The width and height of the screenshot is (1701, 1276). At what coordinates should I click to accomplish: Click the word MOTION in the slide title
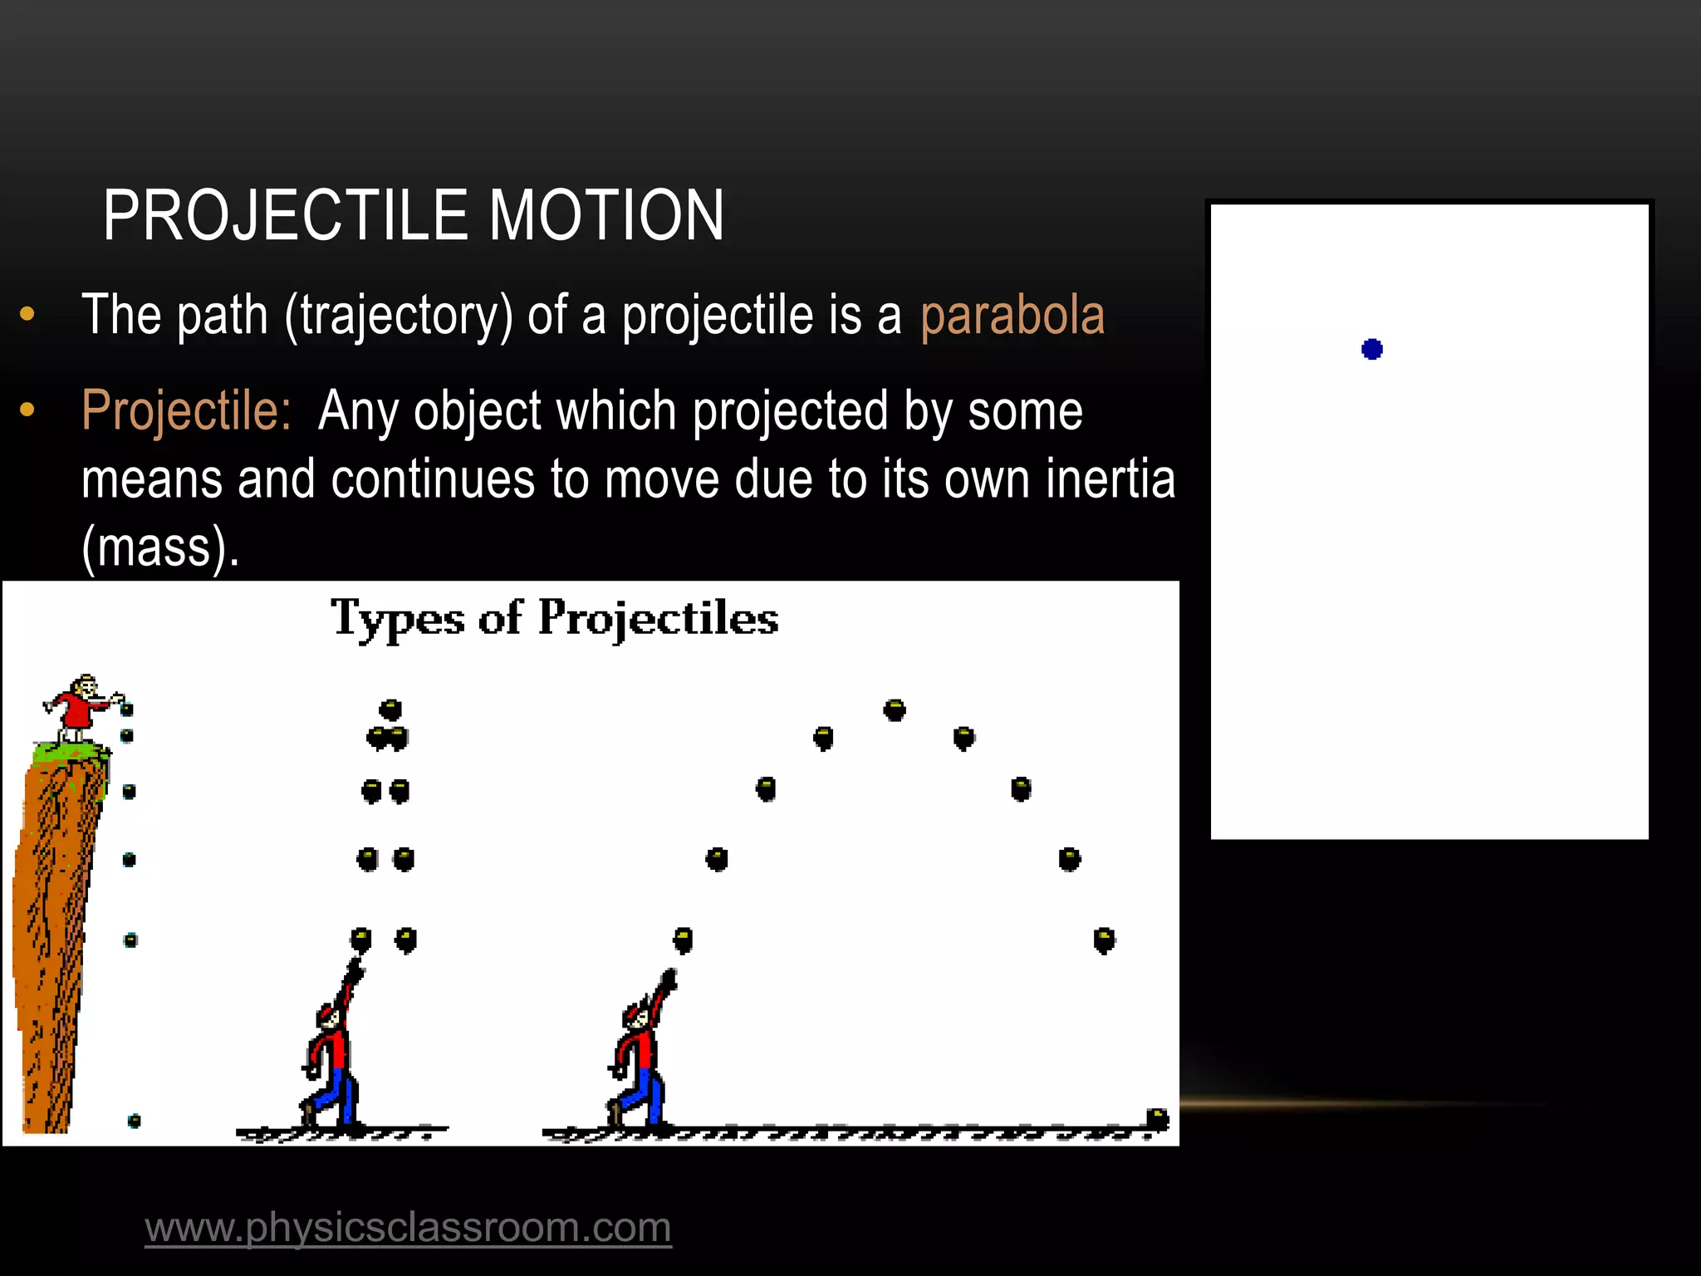coord(606,216)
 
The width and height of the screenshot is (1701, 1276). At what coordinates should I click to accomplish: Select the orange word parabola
coord(1012,316)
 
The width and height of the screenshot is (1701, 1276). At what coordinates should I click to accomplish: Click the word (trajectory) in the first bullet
coord(399,317)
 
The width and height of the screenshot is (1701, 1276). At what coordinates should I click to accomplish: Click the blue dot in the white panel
coord(1372,349)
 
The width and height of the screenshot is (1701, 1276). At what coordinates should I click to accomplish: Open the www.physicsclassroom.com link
coord(408,1227)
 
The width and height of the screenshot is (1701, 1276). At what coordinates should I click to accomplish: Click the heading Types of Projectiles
coord(554,618)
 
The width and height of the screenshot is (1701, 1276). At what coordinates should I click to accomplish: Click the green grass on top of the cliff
coord(70,753)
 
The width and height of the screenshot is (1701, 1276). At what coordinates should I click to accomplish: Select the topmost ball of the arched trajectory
coord(895,710)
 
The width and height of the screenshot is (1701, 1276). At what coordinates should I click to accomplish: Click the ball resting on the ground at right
coord(1157,1118)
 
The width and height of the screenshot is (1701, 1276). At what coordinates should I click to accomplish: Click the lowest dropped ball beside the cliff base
coord(134,1121)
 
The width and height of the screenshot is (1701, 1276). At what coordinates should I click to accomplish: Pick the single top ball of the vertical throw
coord(390,709)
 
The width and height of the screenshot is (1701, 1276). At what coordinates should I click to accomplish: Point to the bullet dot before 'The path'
coord(27,315)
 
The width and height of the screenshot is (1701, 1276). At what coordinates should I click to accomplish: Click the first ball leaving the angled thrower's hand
coord(683,940)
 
